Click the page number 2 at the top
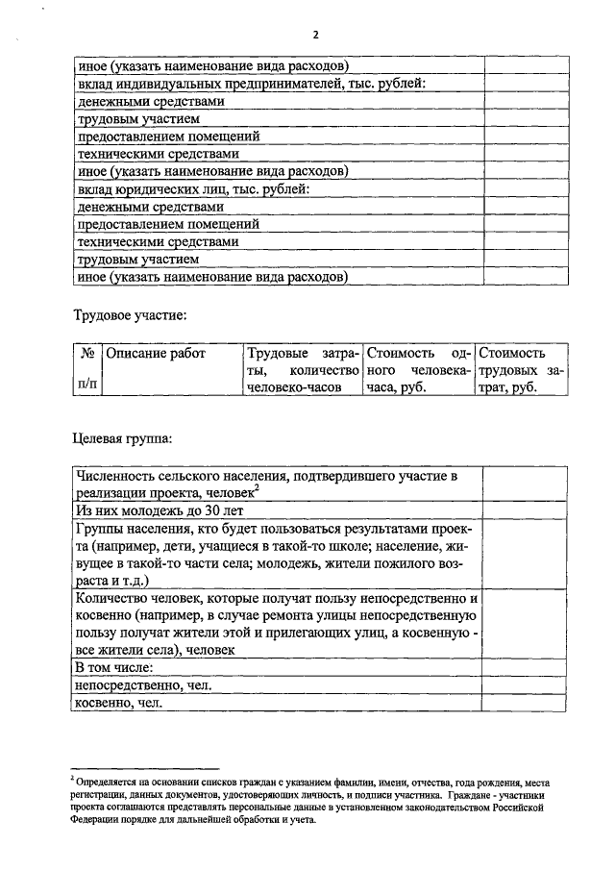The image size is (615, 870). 314,35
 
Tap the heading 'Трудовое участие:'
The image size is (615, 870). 130,315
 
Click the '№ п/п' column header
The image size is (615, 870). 86,369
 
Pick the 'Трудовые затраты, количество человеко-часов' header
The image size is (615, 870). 302,370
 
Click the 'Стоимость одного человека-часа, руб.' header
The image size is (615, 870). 418,370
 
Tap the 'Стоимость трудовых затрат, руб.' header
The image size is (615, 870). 520,370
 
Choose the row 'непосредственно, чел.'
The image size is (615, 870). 142,685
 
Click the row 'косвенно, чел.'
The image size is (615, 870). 119,704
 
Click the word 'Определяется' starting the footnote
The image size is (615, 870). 103,783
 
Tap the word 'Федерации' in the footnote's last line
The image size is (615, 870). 92,820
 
